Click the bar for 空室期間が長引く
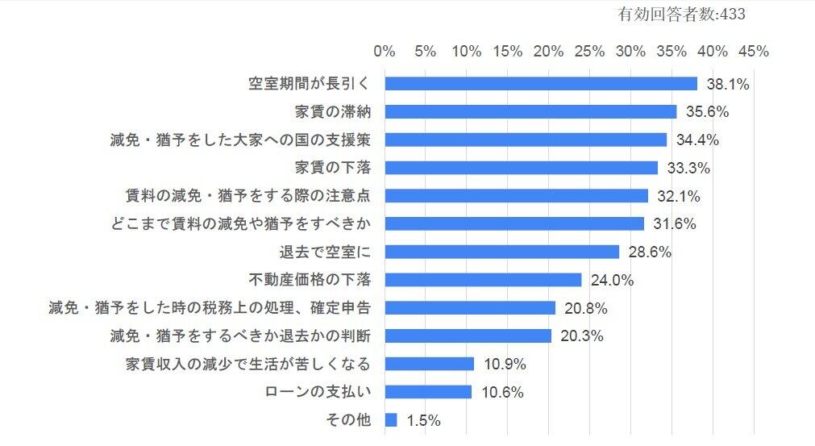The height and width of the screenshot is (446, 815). (x=541, y=84)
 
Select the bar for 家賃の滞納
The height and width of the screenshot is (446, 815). (x=530, y=111)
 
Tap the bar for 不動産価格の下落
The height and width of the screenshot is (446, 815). (x=483, y=280)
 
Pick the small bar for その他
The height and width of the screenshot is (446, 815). (x=391, y=420)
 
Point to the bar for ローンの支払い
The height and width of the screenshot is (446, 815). (x=428, y=392)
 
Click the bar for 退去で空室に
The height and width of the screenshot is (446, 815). (x=502, y=252)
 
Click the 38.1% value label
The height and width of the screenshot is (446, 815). (x=728, y=84)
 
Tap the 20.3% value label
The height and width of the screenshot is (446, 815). (x=581, y=336)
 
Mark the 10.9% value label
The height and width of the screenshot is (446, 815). (x=505, y=365)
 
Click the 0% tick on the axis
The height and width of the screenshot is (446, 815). (x=385, y=52)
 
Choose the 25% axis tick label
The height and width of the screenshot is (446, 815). (x=590, y=52)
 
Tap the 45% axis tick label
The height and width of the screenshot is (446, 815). (x=754, y=52)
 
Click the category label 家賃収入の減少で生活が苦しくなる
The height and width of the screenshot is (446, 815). (x=248, y=365)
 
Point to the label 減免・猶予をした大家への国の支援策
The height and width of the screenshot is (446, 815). (x=239, y=140)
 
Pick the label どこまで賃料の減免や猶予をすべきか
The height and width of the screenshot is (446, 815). (x=239, y=223)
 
